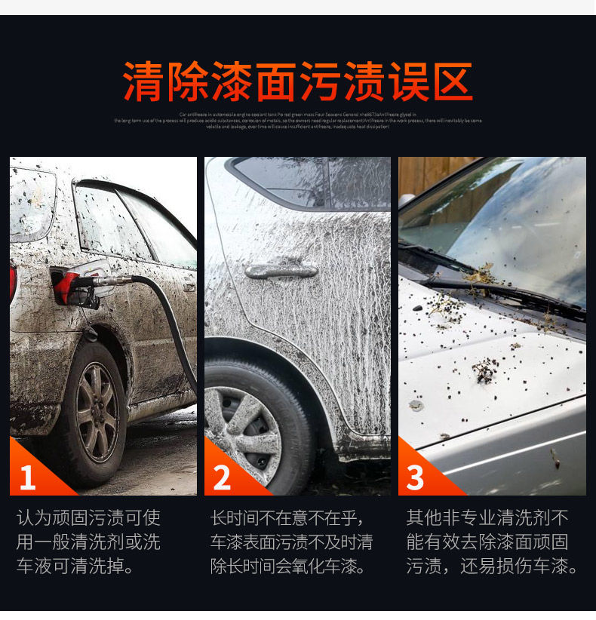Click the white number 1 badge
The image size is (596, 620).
pos(28,477)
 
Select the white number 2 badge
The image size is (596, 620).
pos(222,477)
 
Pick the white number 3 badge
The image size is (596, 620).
pos(416,477)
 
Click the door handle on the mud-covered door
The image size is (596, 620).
pos(281,270)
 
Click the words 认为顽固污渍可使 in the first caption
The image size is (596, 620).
pos(89,518)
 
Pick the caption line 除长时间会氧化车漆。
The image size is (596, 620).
pos(288,566)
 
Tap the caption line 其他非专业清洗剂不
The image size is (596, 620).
pos(487,518)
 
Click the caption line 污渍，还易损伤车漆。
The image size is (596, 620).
pos(493,566)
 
